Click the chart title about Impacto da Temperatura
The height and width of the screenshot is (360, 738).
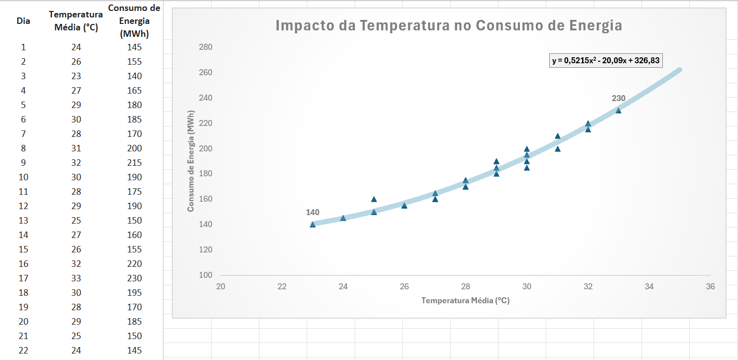pos(448,26)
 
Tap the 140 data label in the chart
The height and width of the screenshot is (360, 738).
pos(313,213)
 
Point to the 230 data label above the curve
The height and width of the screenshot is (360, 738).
pos(618,99)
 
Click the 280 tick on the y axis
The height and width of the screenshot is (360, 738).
pos(206,47)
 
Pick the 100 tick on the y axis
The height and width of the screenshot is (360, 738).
pos(206,275)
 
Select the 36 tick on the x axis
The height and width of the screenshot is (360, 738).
pos(710,287)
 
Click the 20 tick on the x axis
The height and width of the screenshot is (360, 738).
pos(221,287)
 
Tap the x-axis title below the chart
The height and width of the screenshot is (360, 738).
pos(465,301)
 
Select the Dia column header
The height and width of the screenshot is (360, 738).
pos(23,21)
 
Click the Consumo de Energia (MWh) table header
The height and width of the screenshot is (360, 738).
pos(134,21)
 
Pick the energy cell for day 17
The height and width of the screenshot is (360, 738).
pos(134,278)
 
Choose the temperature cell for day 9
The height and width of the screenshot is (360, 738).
pos(76,163)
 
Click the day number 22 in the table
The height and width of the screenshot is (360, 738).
pos(23,351)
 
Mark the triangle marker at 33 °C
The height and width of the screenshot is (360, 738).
pos(618,111)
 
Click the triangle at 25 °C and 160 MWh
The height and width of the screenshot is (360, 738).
pos(374,199)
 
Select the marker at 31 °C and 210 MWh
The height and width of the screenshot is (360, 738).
pos(558,136)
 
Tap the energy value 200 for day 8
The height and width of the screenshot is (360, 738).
pos(134,148)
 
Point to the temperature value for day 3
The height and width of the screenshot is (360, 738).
pos(76,76)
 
